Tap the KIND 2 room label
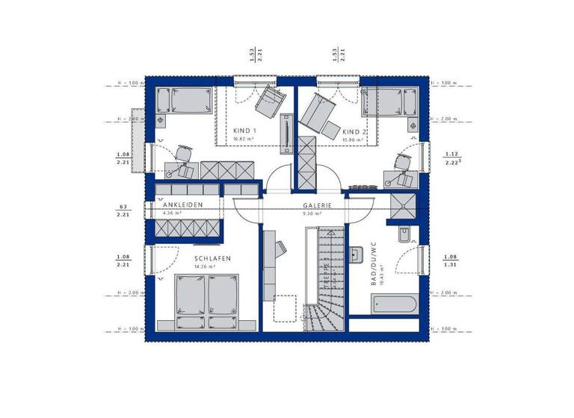pos(355,130)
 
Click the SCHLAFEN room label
pos(213,258)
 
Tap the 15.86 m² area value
pos(353,139)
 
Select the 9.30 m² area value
pos(311,213)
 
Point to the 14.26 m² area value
pos(204,266)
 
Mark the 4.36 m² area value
pos(173,212)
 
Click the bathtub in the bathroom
pos(393,304)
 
